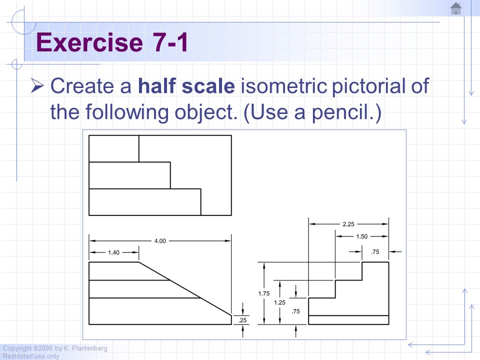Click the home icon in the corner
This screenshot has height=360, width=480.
click(x=456, y=8)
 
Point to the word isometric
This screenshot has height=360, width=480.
click(x=284, y=85)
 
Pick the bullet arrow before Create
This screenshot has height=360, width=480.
click(x=37, y=85)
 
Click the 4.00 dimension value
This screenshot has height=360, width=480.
click(x=160, y=241)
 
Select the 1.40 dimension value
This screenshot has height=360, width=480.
click(x=113, y=252)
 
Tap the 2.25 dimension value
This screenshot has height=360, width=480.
click(x=348, y=224)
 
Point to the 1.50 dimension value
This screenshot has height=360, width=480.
click(x=362, y=236)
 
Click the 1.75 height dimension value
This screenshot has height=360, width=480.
click(x=264, y=293)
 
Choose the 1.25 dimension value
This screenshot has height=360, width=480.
click(x=279, y=302)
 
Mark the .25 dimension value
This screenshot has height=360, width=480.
click(x=242, y=320)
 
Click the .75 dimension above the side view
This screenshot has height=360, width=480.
click(x=375, y=251)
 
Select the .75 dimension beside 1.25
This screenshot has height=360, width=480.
click(x=295, y=311)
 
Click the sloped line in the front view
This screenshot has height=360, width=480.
click(x=185, y=288)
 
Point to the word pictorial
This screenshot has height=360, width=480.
click(x=369, y=85)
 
